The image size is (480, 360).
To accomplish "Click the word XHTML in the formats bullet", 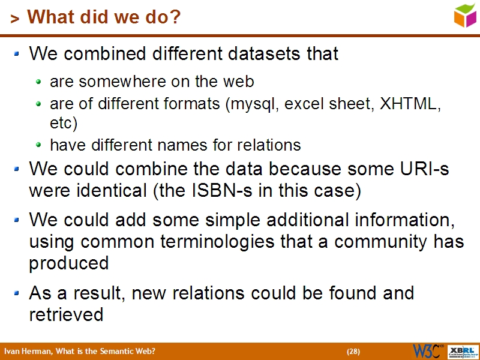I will click(409, 104).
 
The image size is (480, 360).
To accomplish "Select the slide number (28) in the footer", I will click(353, 352).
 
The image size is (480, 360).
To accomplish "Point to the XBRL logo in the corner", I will click(463, 351).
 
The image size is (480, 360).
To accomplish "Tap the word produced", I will click(68, 263).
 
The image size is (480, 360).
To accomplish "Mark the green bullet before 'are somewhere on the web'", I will click(39, 81).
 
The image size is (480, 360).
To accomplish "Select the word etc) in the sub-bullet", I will click(64, 124).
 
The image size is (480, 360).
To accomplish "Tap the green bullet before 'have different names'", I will click(39, 145).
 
